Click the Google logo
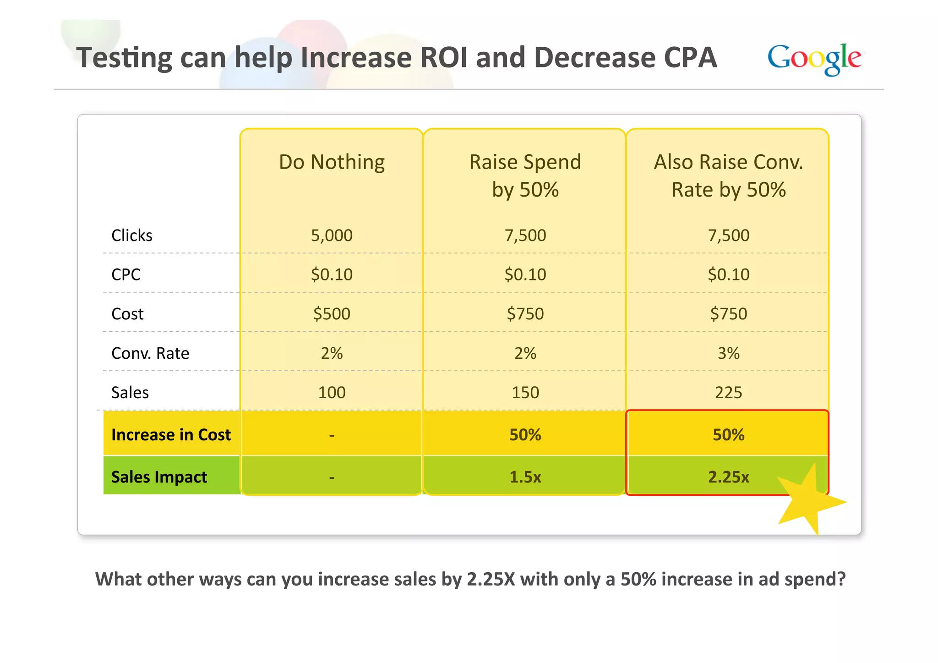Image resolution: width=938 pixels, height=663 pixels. [814, 59]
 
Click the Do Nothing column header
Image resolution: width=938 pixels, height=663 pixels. [332, 162]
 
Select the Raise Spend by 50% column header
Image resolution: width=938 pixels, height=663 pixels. [525, 175]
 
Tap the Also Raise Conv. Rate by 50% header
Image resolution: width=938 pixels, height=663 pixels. [728, 175]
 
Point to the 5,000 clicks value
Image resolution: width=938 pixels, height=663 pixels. [332, 236]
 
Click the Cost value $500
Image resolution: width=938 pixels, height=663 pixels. [332, 314]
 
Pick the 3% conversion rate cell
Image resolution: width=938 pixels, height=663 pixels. [728, 353]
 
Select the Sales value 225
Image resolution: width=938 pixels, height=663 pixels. [728, 393]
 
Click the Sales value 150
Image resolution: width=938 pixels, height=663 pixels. [525, 393]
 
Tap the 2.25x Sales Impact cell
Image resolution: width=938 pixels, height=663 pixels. [728, 477]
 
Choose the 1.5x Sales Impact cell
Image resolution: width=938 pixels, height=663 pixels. [525, 477]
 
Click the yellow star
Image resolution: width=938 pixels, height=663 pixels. [810, 502]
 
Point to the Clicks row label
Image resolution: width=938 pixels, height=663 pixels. [132, 236]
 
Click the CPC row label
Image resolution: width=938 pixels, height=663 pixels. [126, 274]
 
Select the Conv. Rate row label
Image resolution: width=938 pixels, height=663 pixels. [150, 353]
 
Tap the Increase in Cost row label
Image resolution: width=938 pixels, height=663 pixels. [171, 434]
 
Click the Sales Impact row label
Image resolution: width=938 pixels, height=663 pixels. [159, 477]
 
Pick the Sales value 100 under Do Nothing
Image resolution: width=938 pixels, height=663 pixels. [332, 393]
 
